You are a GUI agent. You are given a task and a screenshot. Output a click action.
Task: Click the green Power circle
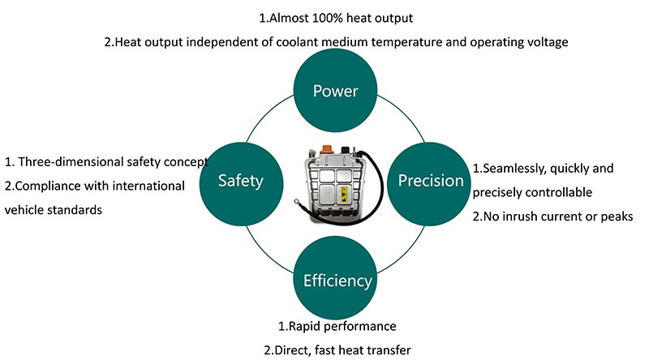click(x=336, y=90)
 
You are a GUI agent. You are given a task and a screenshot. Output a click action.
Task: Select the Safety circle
click(x=241, y=181)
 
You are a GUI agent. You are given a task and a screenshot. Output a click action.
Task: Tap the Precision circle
click(x=430, y=181)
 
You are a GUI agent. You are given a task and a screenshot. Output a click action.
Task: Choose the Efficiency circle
click(x=337, y=281)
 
